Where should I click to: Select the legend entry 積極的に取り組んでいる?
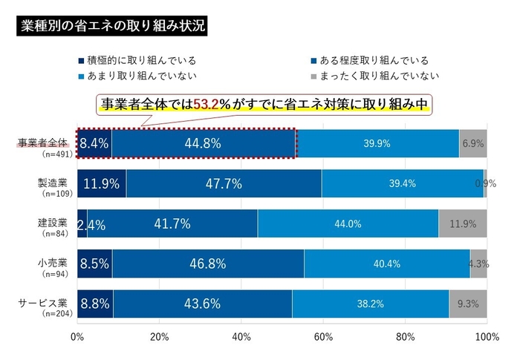click(141, 60)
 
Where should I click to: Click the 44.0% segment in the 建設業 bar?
click(348, 224)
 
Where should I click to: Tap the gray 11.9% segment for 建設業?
click(462, 224)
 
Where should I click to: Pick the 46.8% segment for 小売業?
click(208, 264)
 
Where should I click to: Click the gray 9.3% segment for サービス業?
click(467, 304)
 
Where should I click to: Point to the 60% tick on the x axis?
click(323, 338)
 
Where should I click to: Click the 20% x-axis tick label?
click(159, 338)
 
